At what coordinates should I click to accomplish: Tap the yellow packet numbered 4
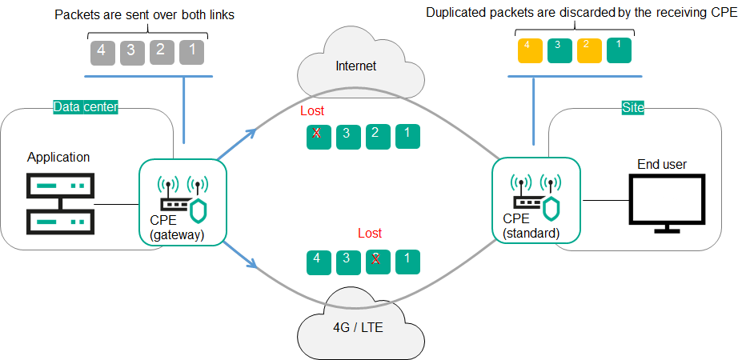coord(528,50)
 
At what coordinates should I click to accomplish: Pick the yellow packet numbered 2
coord(588,50)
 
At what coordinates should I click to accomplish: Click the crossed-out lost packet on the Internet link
coord(318,135)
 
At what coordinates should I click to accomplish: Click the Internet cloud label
coord(355,66)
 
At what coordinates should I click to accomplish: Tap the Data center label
coord(86,106)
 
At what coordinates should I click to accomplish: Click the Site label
coord(633,106)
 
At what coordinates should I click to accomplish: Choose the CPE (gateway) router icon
coord(183,197)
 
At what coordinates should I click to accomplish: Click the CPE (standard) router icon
coord(535,197)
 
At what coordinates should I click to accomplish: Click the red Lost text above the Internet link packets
coord(312,111)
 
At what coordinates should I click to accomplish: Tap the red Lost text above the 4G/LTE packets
coord(370,233)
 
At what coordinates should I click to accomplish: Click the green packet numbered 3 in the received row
coord(558,50)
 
